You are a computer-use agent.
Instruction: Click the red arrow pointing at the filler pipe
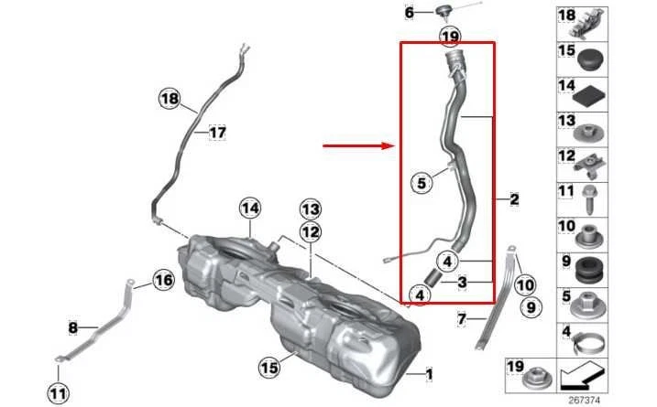(x=356, y=145)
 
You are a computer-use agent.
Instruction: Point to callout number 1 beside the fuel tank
(x=435, y=373)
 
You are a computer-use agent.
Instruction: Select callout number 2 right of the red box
(x=514, y=198)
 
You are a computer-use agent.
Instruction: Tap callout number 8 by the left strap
(x=73, y=326)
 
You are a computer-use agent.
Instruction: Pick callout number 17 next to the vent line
(x=216, y=133)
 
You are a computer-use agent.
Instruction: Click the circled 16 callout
(x=162, y=281)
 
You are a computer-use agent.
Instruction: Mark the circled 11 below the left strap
(x=57, y=394)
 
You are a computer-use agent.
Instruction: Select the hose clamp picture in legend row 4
(x=590, y=345)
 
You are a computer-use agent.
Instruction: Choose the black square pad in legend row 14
(x=590, y=91)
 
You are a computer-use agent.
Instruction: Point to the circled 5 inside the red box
(x=422, y=183)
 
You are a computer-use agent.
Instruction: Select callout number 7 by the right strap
(x=463, y=319)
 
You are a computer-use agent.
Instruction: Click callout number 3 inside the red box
(x=463, y=284)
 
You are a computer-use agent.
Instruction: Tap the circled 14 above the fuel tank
(x=250, y=209)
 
